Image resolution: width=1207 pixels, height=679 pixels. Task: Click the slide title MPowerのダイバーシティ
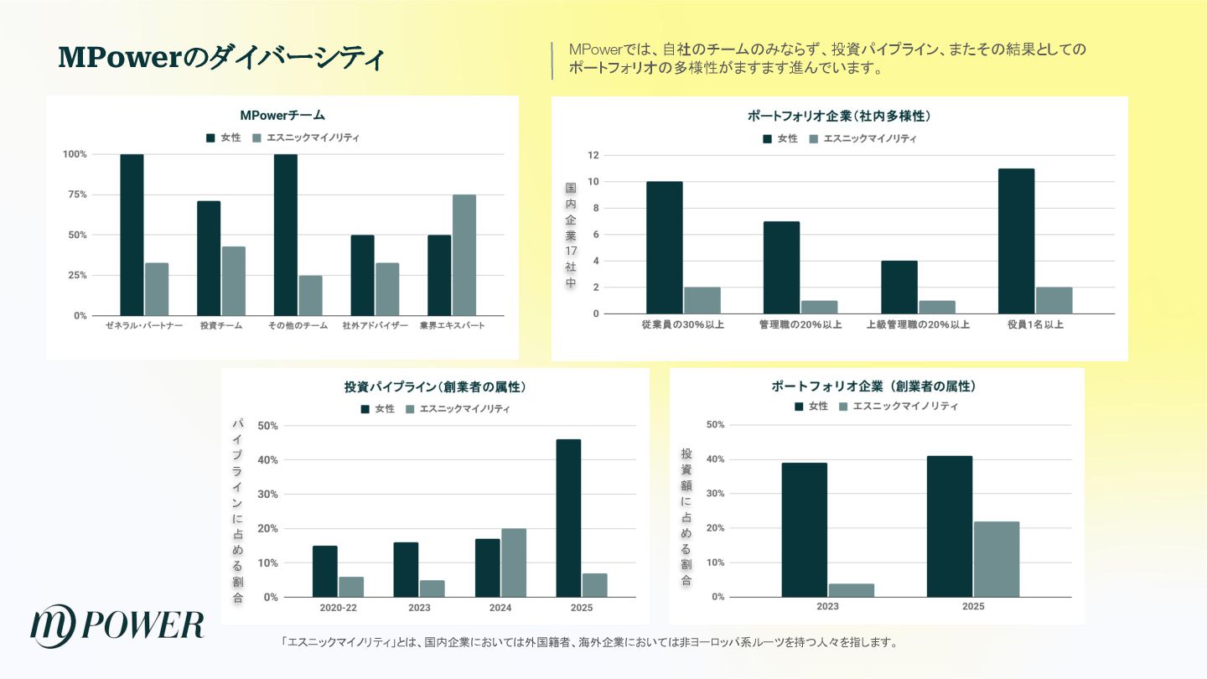tap(221, 58)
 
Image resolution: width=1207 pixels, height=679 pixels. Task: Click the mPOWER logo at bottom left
tap(117, 625)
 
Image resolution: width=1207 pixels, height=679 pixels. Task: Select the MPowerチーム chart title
tap(282, 115)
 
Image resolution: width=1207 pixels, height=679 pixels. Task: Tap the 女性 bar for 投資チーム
tap(209, 258)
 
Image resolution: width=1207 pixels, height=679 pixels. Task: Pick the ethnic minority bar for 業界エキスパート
tap(464, 255)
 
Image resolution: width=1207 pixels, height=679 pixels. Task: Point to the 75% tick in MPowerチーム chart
tap(76, 194)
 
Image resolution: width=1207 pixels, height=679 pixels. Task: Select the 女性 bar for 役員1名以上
tap(1016, 241)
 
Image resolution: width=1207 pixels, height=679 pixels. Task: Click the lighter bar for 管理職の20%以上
tap(819, 307)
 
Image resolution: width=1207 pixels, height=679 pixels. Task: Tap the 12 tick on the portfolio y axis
tap(593, 155)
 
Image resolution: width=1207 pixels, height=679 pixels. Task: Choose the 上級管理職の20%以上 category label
tap(917, 324)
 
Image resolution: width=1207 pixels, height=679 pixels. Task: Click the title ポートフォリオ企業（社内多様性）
tap(839, 116)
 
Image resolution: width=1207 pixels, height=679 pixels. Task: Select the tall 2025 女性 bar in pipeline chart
tap(568, 518)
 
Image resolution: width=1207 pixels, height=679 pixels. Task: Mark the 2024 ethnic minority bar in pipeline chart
tap(514, 562)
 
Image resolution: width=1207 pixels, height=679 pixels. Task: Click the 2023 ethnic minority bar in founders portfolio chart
tap(851, 590)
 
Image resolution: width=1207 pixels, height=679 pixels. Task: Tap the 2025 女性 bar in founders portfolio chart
tap(950, 526)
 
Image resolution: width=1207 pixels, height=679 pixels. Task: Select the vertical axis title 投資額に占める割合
tap(686, 517)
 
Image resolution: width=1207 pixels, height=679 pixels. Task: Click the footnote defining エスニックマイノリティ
tap(591, 643)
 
